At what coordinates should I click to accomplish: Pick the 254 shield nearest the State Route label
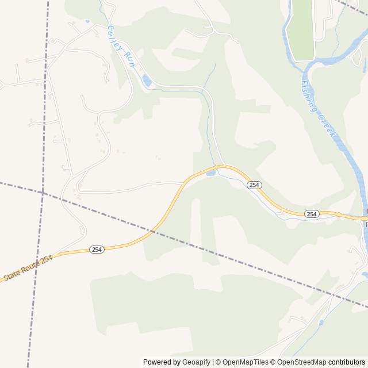point(97,249)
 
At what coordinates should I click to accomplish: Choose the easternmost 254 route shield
point(311,214)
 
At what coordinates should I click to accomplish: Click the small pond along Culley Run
point(147,82)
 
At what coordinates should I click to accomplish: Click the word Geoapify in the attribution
point(196,362)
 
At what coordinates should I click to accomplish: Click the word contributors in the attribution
point(347,362)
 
